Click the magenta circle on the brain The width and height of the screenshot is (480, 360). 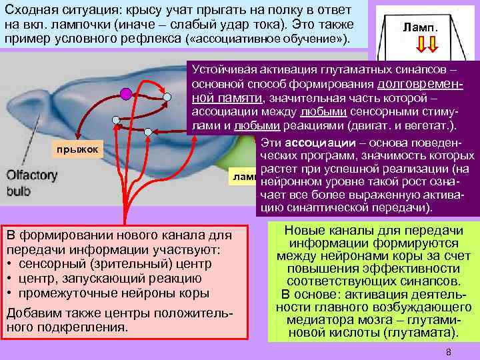(x=125, y=94)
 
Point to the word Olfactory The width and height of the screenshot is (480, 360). (x=32, y=175)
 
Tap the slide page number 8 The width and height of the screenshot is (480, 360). (x=449, y=352)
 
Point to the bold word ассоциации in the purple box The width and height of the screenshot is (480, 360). (x=311, y=142)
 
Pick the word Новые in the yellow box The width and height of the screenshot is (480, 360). (x=303, y=229)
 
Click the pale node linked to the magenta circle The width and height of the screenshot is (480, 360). (x=167, y=97)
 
